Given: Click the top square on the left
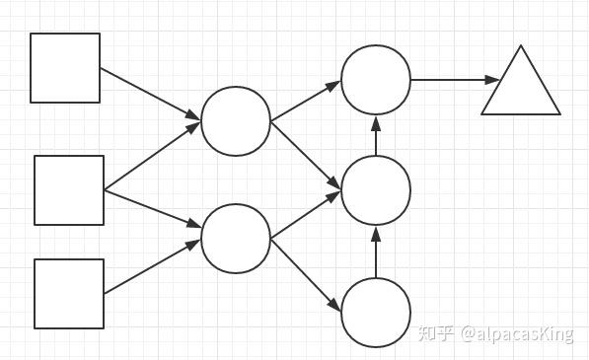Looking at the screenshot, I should click(65, 68).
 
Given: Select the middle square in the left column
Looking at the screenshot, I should click(69, 190).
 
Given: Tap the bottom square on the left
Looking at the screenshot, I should click(69, 293).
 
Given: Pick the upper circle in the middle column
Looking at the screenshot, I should click(236, 121).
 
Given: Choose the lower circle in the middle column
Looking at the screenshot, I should click(236, 239).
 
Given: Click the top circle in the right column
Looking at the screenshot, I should click(376, 80).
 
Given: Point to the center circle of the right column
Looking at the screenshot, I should click(376, 190).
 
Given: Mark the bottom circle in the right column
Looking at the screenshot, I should click(376, 313).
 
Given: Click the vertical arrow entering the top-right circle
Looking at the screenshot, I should click(376, 135).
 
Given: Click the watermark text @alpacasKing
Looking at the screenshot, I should click(515, 333).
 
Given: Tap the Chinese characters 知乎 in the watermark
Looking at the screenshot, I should click(436, 333).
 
